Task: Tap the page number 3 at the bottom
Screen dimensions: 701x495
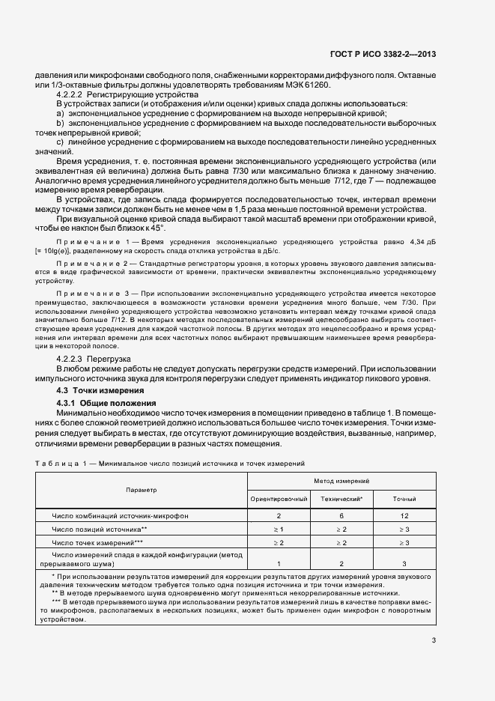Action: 434,640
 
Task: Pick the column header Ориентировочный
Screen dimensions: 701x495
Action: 278,498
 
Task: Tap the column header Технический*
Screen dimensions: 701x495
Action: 341,498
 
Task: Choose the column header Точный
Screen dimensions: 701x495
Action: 404,498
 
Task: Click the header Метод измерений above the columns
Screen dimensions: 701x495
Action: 341,480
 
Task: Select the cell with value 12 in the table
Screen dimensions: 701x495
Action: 404,516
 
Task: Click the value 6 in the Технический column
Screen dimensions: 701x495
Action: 341,516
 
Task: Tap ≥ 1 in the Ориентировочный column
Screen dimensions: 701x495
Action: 278,529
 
